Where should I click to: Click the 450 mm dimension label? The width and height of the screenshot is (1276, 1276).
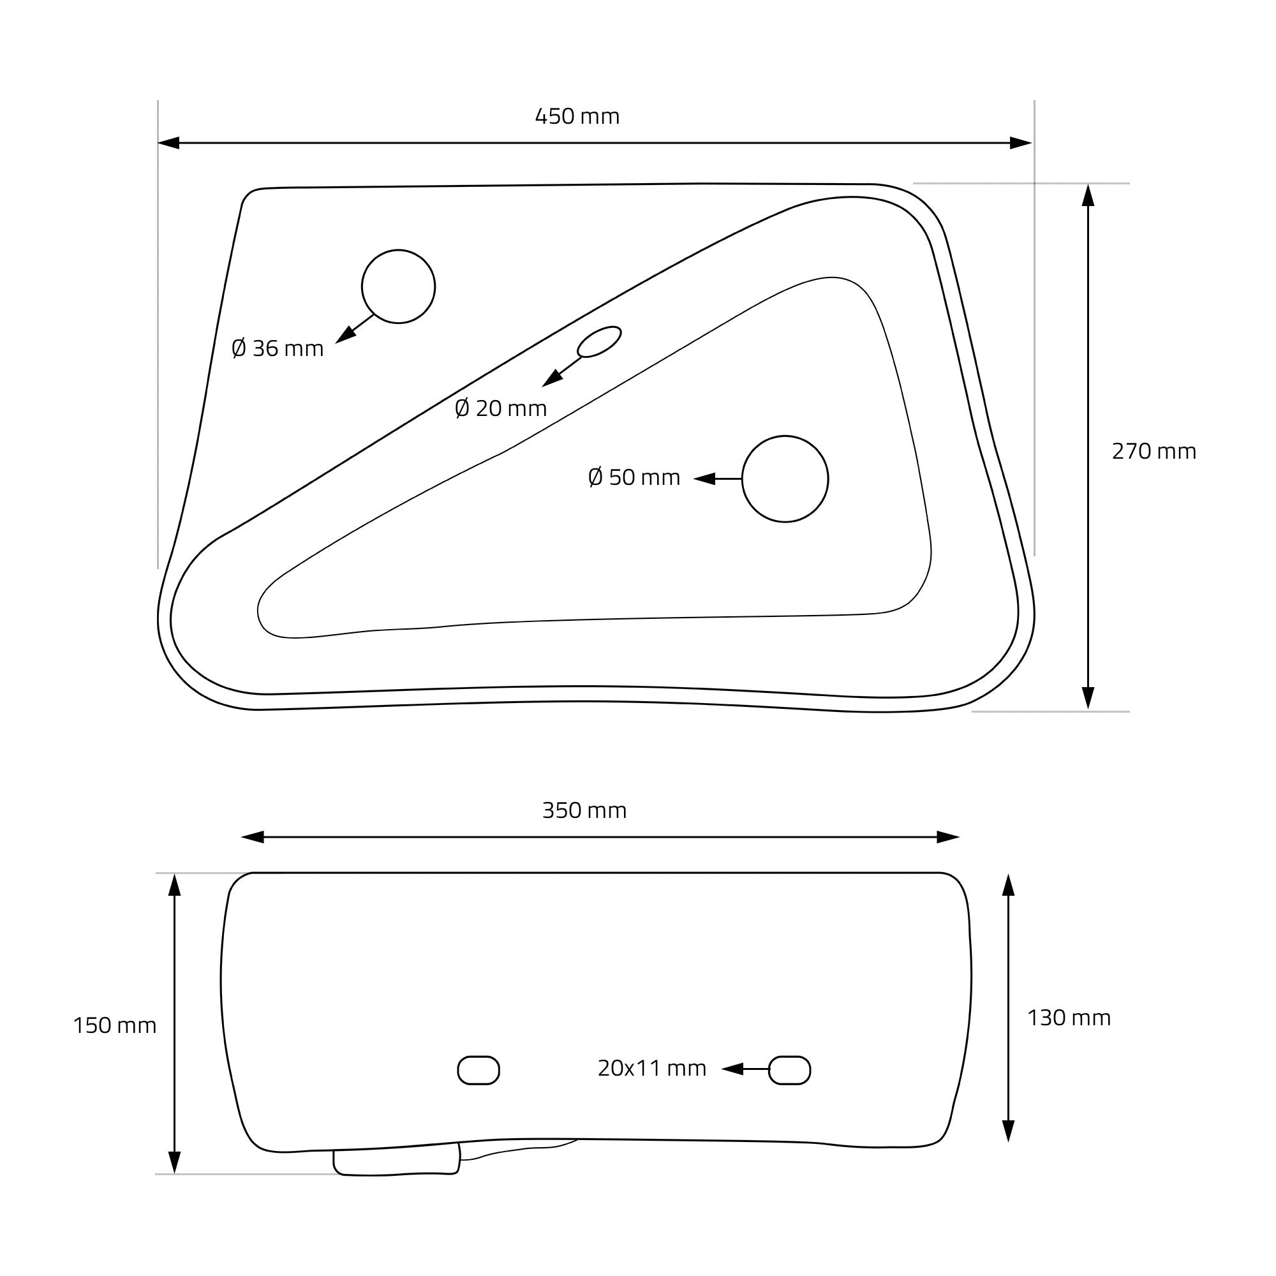tap(577, 116)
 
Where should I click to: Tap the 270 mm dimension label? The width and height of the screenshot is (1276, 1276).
tap(1154, 451)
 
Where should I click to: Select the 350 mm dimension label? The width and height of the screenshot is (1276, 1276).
tap(584, 810)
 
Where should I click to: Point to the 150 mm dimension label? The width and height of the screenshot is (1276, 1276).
tap(115, 1025)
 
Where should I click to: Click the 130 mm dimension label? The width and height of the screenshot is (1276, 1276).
tap(1069, 1018)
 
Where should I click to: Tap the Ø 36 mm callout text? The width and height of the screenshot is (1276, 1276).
tap(278, 348)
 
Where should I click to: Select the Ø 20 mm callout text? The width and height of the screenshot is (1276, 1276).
tap(501, 408)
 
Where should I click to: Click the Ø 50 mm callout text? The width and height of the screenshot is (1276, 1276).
tap(634, 477)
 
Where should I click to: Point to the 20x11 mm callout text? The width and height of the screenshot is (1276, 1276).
tap(652, 1068)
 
